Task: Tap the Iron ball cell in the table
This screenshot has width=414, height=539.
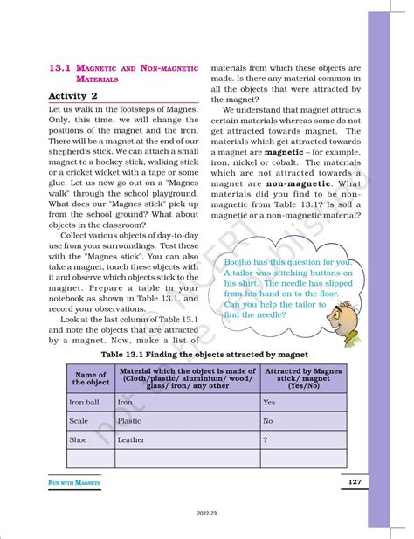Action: click(x=84, y=402)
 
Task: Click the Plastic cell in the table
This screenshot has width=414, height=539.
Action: click(x=131, y=421)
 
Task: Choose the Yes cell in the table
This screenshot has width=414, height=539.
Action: click(x=269, y=402)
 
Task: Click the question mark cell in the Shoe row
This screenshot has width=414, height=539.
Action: click(x=266, y=440)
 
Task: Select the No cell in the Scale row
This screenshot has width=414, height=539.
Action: click(x=268, y=421)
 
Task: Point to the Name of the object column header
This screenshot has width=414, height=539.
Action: click(x=91, y=377)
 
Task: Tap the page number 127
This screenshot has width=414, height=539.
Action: click(x=354, y=482)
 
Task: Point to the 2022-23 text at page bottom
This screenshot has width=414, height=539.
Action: click(x=207, y=515)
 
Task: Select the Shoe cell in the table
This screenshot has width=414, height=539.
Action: click(x=79, y=440)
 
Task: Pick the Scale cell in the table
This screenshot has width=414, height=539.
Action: click(x=79, y=421)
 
